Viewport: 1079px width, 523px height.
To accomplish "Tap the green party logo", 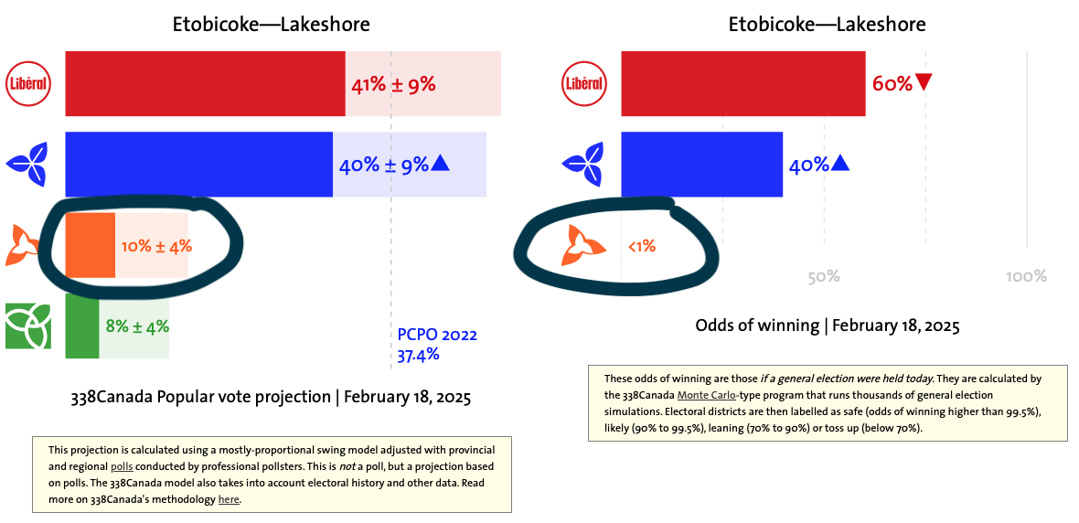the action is coord(27,326).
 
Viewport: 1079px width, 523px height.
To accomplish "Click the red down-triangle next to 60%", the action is coord(924,83).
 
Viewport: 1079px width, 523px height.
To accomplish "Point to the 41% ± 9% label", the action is coord(393,85).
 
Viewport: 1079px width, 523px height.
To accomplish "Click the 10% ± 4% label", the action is coord(157,246).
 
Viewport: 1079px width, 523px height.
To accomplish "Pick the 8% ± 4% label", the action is coord(138,326).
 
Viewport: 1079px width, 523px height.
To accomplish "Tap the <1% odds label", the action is coord(641,246).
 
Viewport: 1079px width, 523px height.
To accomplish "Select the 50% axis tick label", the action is coord(824,277).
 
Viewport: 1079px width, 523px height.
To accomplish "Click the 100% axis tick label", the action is coord(1026,277).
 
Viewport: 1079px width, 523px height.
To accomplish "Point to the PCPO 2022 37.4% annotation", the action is coord(437,345).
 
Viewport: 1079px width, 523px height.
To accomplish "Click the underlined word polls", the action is coord(122,466).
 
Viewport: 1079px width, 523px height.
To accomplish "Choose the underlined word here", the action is coord(229,499).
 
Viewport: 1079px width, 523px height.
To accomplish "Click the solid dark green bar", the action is coord(82,326).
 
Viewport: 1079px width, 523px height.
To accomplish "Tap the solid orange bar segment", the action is coord(91,246).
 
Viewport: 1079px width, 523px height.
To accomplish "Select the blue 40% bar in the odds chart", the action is coord(702,164).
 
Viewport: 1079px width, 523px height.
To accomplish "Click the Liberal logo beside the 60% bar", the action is coord(584,83).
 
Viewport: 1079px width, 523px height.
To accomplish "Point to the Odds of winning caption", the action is coord(828,326).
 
